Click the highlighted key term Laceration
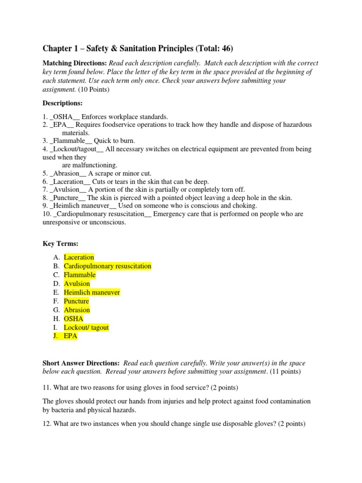click(79, 257)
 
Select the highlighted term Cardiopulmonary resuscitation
click(107, 266)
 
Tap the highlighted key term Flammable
click(80, 275)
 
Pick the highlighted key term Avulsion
click(77, 283)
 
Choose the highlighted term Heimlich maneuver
click(92, 292)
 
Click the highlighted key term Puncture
click(76, 301)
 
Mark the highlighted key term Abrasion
click(77, 310)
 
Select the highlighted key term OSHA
click(74, 319)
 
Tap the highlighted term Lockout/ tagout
click(86, 327)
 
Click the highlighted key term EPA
click(71, 336)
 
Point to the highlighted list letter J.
click(56, 336)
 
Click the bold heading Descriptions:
click(63, 103)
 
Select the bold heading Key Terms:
click(60, 243)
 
